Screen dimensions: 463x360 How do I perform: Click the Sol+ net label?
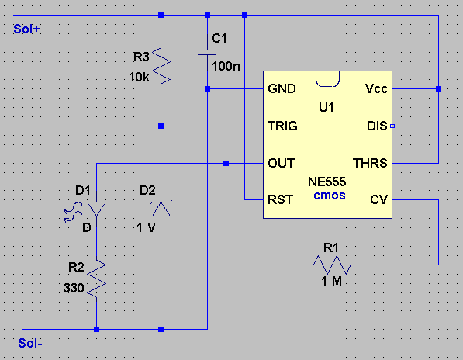(x=26, y=29)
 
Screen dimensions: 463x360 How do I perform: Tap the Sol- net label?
(x=29, y=343)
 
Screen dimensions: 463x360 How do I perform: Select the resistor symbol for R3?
(x=161, y=67)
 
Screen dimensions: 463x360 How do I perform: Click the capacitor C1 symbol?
(x=207, y=53)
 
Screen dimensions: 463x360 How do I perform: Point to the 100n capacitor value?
(x=226, y=66)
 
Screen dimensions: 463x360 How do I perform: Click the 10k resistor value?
(x=139, y=77)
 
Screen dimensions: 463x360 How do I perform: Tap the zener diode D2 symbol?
(x=161, y=209)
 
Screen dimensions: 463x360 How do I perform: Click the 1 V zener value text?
(x=146, y=227)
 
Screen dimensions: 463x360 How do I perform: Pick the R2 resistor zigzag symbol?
(x=97, y=279)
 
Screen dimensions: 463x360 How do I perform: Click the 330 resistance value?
(x=74, y=288)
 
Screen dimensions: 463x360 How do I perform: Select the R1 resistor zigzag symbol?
(x=332, y=265)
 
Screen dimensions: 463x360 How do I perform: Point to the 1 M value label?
(x=332, y=281)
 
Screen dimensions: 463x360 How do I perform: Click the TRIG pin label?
(x=282, y=126)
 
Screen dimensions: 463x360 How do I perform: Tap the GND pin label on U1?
(x=282, y=88)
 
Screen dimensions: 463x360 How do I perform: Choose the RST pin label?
(x=280, y=199)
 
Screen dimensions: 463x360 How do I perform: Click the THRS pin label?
(x=370, y=163)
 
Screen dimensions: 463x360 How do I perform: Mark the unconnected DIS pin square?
(x=392, y=126)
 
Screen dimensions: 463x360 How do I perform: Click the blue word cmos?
(x=330, y=196)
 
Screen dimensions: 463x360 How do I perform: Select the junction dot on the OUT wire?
(x=226, y=163)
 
